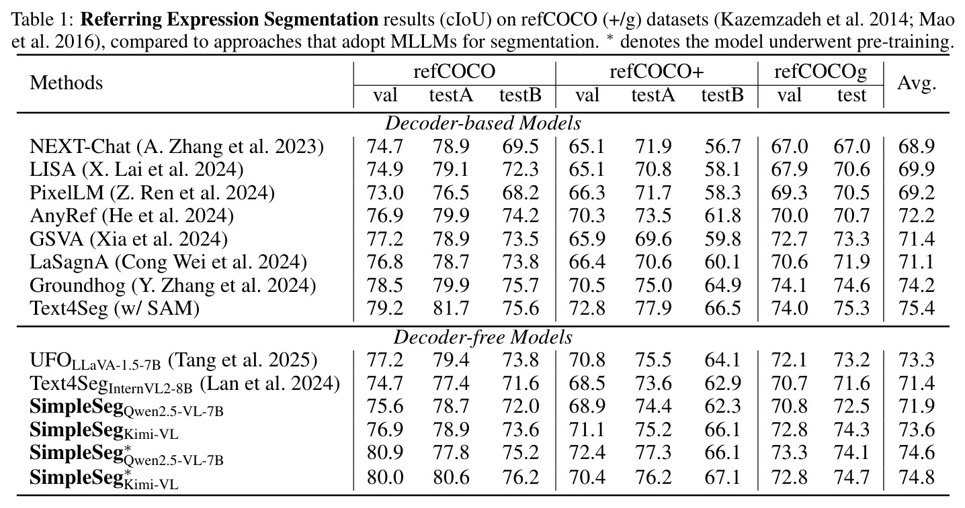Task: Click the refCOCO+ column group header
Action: click(657, 71)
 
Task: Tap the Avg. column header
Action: click(917, 83)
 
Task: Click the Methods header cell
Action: click(67, 83)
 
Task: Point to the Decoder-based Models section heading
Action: click(483, 123)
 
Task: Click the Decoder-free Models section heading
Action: click(483, 338)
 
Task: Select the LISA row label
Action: click(136, 170)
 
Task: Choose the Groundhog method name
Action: click(173, 286)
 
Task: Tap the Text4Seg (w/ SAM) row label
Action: click(115, 309)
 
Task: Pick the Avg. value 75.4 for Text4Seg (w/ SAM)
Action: click(917, 309)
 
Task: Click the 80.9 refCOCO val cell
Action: click(385, 452)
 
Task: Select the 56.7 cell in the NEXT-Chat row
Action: click(722, 147)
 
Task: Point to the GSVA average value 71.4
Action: click(917, 239)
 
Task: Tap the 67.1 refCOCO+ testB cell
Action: click(722, 477)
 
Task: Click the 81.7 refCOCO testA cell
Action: click(451, 309)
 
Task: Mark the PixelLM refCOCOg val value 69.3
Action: click(789, 193)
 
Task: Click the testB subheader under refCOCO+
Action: click(722, 95)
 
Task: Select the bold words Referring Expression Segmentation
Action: click(230, 19)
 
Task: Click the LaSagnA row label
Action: click(168, 262)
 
